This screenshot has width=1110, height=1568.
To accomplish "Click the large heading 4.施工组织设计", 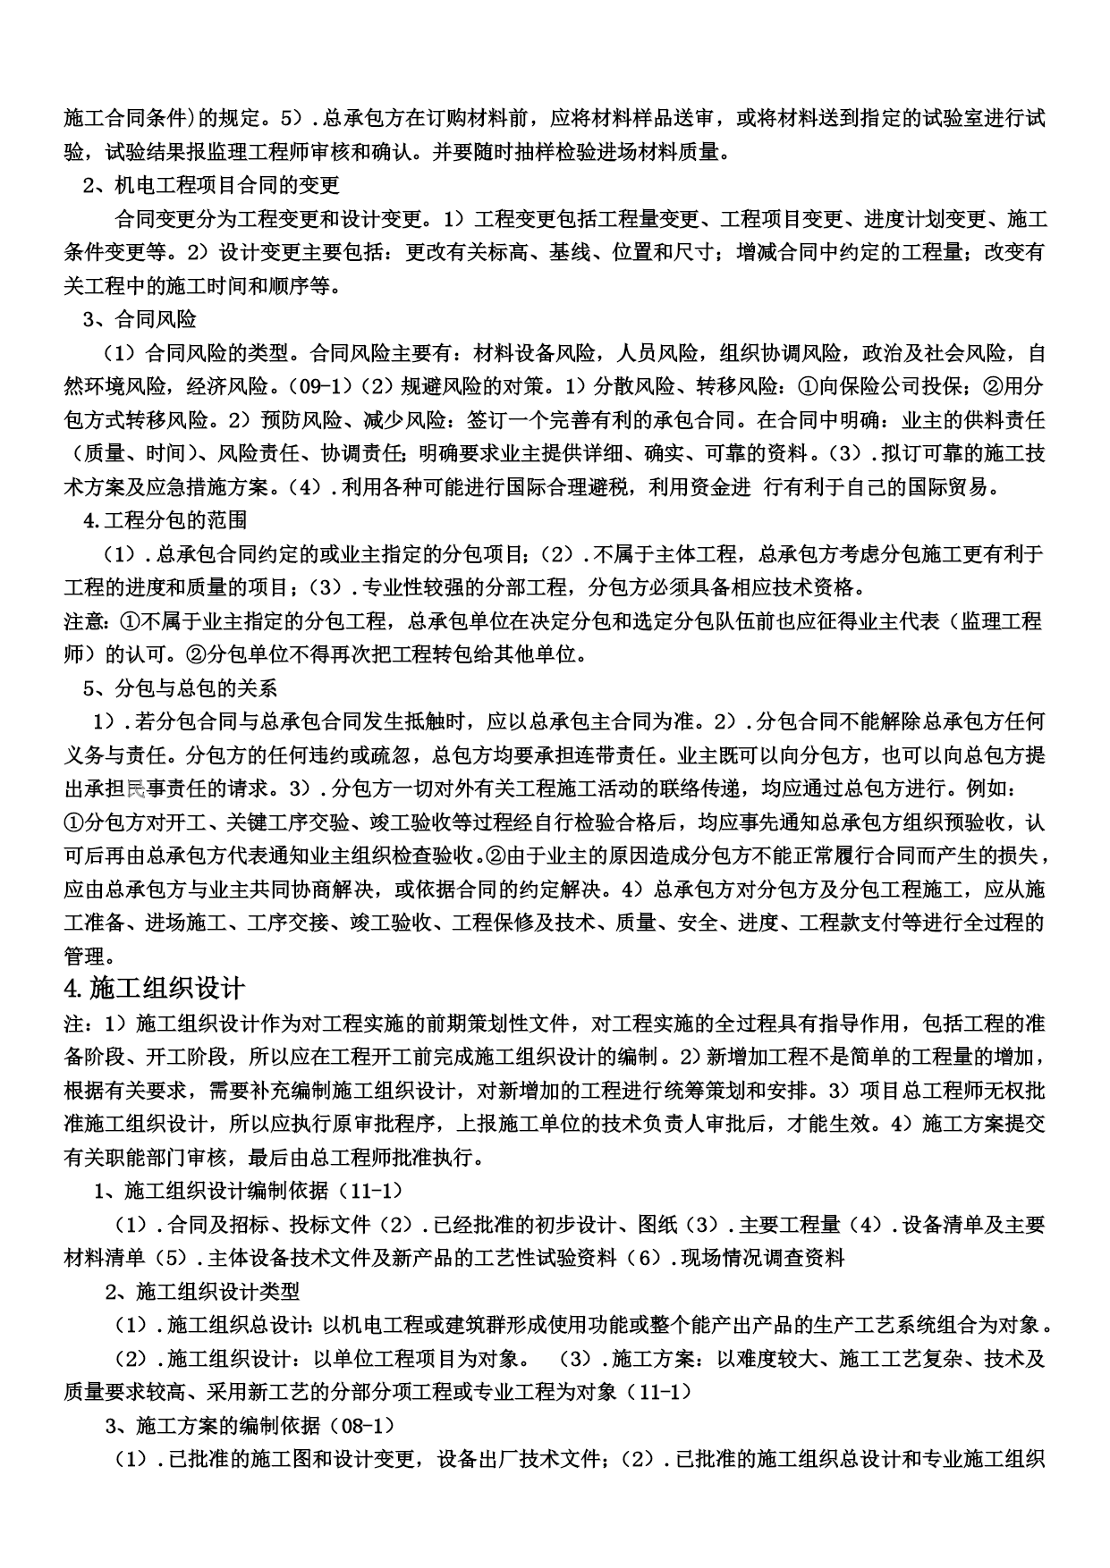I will point(155,989).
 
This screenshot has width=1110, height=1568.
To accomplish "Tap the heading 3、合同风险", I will point(140,319).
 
